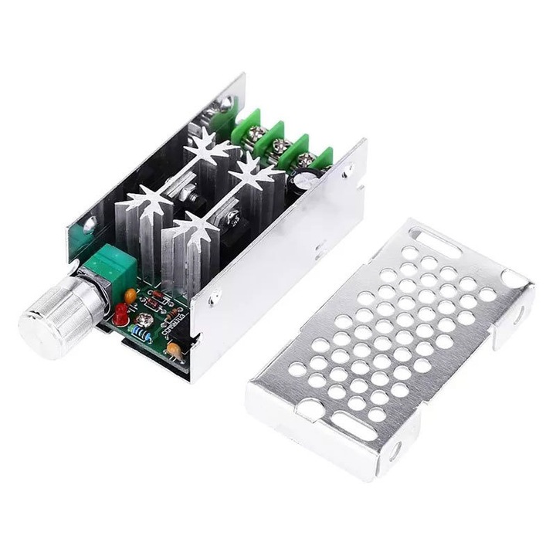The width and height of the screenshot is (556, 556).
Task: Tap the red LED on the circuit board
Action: (121, 313)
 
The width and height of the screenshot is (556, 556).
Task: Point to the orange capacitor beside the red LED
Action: (131, 295)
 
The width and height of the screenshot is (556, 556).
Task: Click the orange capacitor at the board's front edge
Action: (175, 350)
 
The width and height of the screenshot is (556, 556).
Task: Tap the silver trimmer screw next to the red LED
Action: (143, 317)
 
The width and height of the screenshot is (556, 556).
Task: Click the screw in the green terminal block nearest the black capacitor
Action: (306, 161)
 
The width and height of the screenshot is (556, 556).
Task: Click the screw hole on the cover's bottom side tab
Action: (398, 448)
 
